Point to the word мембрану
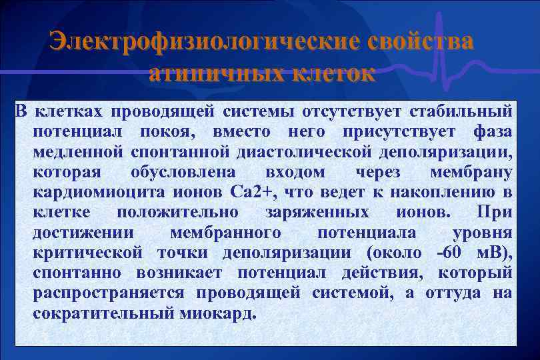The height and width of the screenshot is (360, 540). [x=471, y=172]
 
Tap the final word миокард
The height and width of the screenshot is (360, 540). [x=217, y=314]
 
